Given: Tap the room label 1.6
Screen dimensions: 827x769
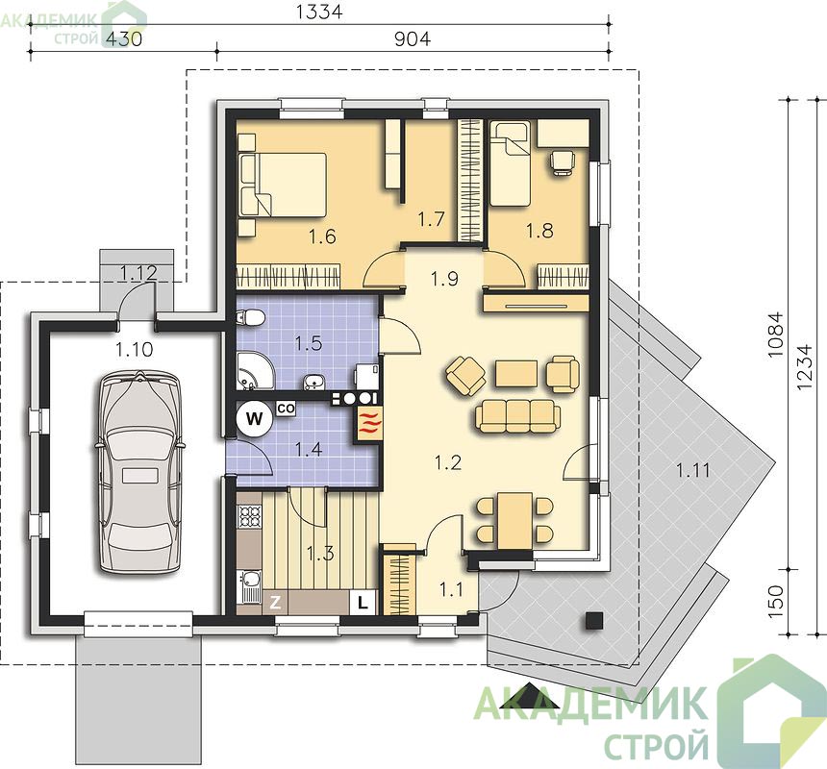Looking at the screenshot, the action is pyautogui.click(x=322, y=236).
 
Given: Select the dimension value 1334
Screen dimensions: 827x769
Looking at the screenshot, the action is pyautogui.click(x=319, y=12).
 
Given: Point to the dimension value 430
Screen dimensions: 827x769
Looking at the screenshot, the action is pyautogui.click(x=124, y=39).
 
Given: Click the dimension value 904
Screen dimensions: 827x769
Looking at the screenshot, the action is pyautogui.click(x=413, y=39).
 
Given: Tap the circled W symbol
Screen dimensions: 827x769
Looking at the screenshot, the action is pyautogui.click(x=255, y=419).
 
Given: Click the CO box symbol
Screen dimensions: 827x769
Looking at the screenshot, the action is pyautogui.click(x=286, y=408).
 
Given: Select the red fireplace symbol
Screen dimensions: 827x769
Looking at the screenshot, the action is pyautogui.click(x=368, y=424).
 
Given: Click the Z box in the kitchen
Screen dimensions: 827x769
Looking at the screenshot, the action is pyautogui.click(x=275, y=603).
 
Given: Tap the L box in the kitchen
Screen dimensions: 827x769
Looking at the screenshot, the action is pyautogui.click(x=363, y=602).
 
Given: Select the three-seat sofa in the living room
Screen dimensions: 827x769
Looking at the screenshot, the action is pyautogui.click(x=517, y=415).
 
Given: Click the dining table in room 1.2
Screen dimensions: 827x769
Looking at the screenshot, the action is pyautogui.click(x=515, y=520).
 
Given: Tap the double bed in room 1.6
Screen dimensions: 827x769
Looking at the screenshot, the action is pyautogui.click(x=282, y=185).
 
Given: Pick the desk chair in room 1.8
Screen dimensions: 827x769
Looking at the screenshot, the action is pyautogui.click(x=563, y=161).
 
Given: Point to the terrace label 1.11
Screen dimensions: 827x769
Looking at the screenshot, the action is pyautogui.click(x=693, y=470).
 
